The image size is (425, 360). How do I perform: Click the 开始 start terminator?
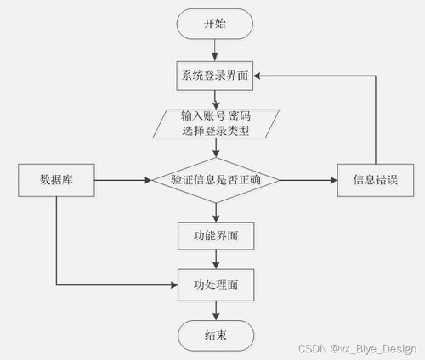click(x=216, y=24)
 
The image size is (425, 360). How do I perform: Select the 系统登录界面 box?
click(x=216, y=76)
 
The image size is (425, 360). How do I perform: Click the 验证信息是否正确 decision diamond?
click(x=216, y=180)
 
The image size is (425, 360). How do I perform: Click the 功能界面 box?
click(x=216, y=235)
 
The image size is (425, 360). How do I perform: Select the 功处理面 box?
click(x=216, y=284)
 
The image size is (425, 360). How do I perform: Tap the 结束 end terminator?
click(x=216, y=335)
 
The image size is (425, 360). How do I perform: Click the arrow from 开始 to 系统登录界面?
click(x=216, y=49)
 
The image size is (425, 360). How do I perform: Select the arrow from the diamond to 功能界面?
click(x=216, y=212)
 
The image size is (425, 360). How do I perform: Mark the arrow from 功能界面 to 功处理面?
click(x=216, y=259)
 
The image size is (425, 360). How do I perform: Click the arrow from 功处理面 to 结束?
click(x=216, y=309)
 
